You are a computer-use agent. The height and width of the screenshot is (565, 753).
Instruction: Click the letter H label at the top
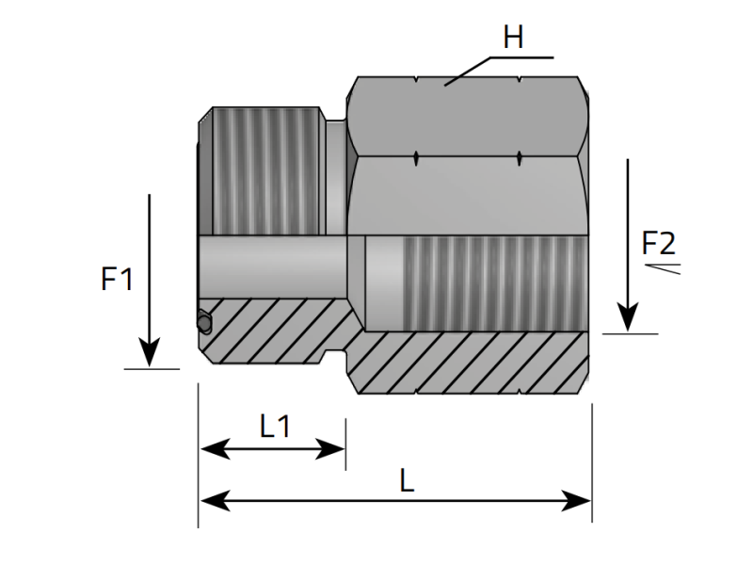point(513,39)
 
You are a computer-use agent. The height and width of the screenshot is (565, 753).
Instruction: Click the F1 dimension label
point(117,280)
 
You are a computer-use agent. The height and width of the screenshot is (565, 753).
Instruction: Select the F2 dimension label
point(658,244)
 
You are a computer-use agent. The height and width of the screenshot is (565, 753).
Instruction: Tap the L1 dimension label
point(274,427)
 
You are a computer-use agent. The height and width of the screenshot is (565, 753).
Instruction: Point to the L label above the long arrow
point(407,481)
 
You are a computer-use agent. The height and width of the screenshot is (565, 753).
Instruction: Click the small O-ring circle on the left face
point(204,323)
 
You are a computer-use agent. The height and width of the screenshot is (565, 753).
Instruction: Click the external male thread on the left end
point(264,169)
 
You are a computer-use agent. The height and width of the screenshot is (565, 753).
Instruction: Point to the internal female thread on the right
point(489,282)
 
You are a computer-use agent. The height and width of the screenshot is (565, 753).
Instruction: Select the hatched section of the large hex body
point(471,363)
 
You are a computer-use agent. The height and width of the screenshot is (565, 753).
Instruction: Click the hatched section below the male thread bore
point(273,330)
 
